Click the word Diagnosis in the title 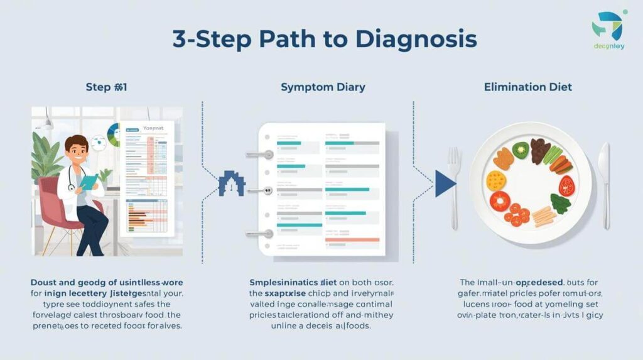(x=416, y=39)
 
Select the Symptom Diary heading (x=323, y=87)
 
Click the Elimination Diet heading (x=528, y=87)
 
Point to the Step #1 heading (x=106, y=87)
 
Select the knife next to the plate (x=605, y=185)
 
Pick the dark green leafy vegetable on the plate (x=559, y=202)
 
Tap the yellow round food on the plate (x=496, y=181)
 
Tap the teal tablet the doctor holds (x=88, y=183)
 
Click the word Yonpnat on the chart (x=153, y=127)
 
